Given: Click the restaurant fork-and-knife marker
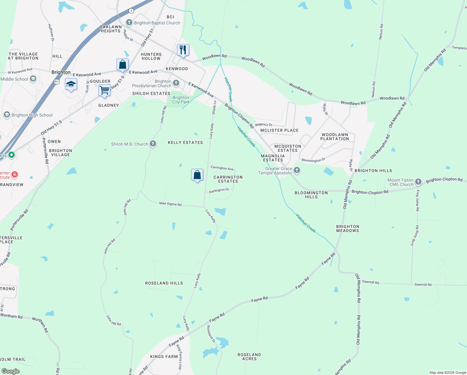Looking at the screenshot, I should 183,50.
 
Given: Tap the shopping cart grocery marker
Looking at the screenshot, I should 104,90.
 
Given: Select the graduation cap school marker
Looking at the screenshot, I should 71,84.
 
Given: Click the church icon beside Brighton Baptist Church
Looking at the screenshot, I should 129,22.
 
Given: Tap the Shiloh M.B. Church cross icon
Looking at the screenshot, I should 153,144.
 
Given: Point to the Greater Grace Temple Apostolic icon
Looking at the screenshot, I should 297,170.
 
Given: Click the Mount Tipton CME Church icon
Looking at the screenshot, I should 418,182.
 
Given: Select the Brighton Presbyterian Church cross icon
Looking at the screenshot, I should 176,83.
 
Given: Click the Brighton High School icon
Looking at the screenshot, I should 7,115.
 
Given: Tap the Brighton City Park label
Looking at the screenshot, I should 181,100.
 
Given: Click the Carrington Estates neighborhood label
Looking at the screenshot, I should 228,179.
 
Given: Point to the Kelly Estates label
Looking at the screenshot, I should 185,142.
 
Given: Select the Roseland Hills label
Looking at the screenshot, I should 164,283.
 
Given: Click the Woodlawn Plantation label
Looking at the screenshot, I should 335,137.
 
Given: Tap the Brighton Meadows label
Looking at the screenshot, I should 348,228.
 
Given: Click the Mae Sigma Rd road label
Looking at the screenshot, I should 170,204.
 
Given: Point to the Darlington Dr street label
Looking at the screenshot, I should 219,190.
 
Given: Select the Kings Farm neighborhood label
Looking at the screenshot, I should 164,357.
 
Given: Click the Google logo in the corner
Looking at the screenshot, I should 11,371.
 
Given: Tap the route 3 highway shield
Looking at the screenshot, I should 131,11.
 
